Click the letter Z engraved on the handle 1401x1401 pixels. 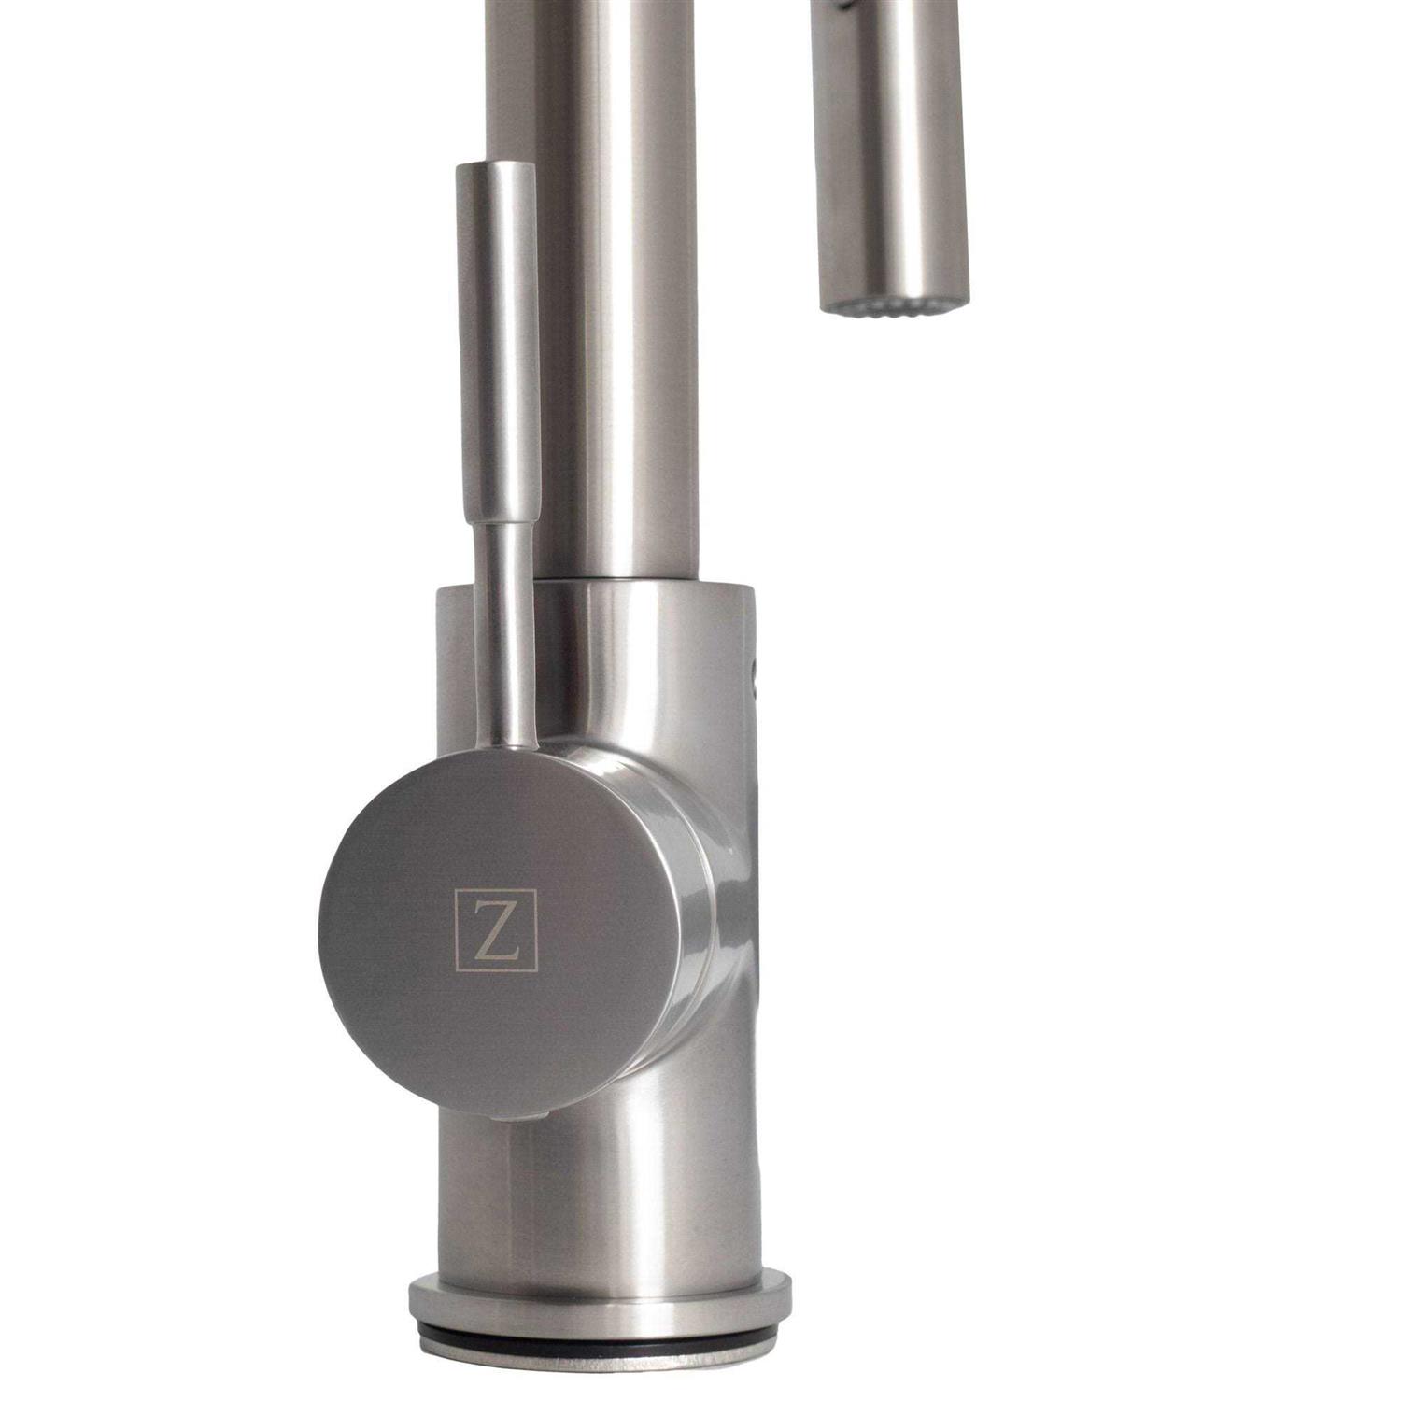point(496,931)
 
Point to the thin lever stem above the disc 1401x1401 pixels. point(503,635)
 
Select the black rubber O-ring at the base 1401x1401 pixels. point(598,1347)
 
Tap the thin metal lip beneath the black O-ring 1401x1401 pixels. point(598,1364)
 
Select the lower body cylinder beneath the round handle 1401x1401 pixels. point(598,1196)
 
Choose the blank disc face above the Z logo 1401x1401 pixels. point(486,822)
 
